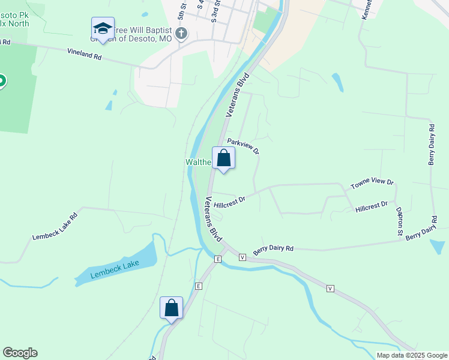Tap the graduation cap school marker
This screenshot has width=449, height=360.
[103, 29]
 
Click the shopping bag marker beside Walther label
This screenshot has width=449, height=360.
[223, 158]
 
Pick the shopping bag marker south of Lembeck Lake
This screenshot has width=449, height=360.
[171, 308]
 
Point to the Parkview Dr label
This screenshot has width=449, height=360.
[243, 146]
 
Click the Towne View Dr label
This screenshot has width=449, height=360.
[372, 184]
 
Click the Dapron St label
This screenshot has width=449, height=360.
[399, 221]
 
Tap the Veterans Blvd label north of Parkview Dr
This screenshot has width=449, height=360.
[237, 95]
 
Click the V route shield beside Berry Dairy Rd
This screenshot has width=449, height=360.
[243, 257]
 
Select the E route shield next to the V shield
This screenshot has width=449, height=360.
[218, 259]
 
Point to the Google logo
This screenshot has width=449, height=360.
[20, 353]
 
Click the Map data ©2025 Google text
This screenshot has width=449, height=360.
[411, 355]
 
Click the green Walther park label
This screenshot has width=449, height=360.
[197, 163]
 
